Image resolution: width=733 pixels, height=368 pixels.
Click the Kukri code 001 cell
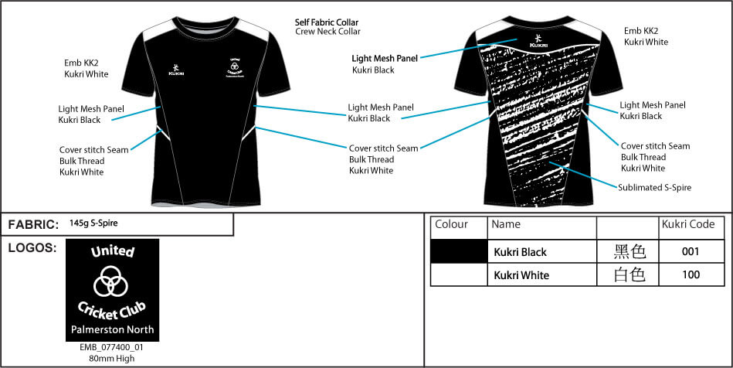pyautogui.click(x=691, y=252)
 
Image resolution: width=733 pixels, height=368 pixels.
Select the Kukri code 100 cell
pyautogui.click(x=691, y=274)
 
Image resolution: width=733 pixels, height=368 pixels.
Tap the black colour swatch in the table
pyautogui.click(x=460, y=252)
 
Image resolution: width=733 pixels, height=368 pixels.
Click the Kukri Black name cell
pyautogui.click(x=520, y=252)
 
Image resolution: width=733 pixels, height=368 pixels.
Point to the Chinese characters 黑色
pyautogui.click(x=629, y=252)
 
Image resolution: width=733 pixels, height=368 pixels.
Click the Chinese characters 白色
pyautogui.click(x=629, y=274)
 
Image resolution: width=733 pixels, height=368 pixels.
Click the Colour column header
pyautogui.click(x=452, y=225)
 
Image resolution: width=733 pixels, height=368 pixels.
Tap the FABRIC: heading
pyautogui.click(x=33, y=225)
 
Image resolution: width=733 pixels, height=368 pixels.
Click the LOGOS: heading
pyautogui.click(x=32, y=247)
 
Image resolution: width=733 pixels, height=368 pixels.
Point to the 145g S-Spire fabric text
pyautogui.click(x=93, y=223)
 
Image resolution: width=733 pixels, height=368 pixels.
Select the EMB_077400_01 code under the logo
pyautogui.click(x=112, y=348)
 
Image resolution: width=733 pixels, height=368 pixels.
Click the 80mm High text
pyautogui.click(x=112, y=358)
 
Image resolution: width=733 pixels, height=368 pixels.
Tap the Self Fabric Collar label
pyautogui.click(x=327, y=22)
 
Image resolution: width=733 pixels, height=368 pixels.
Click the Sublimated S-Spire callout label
pyautogui.click(x=654, y=187)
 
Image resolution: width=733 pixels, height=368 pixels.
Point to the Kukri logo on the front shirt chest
pyautogui.click(x=177, y=69)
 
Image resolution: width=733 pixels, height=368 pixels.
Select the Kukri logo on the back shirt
pyautogui.click(x=538, y=41)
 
